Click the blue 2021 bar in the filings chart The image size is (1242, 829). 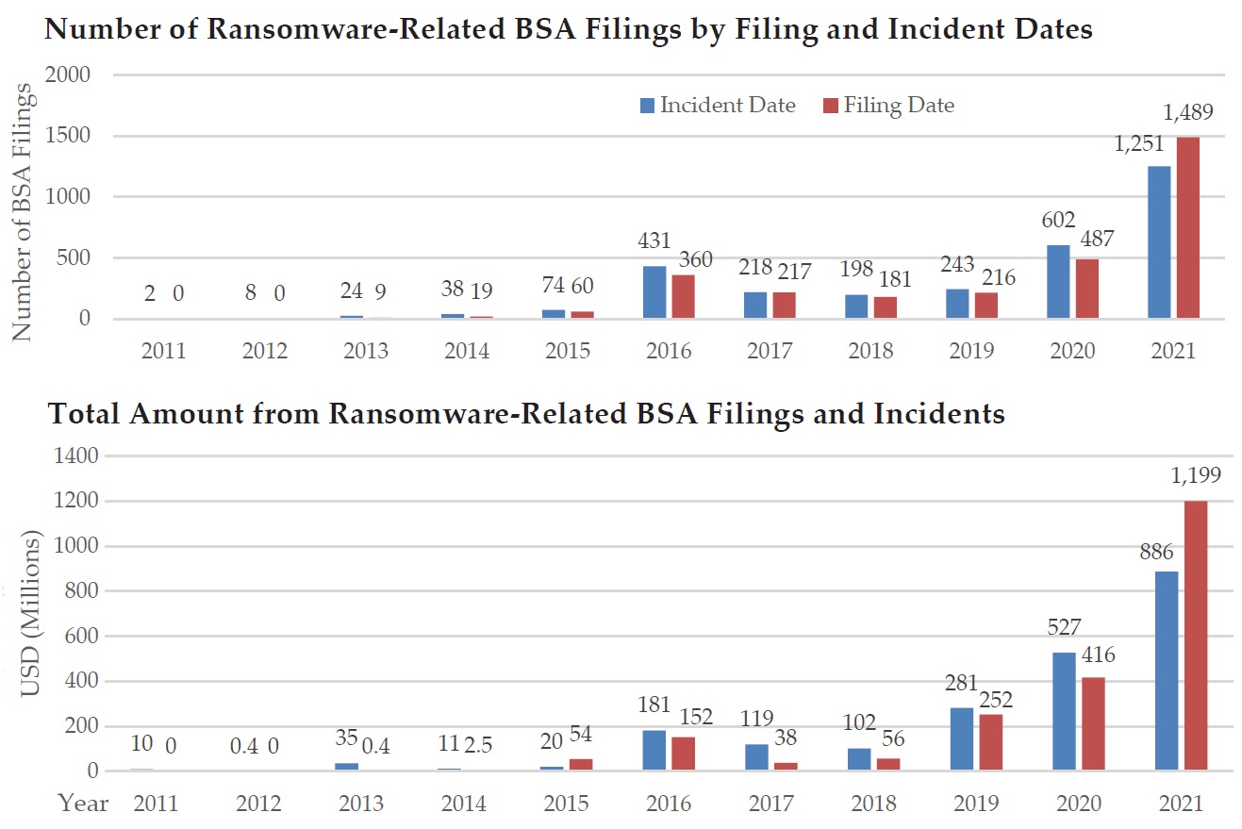[1159, 242]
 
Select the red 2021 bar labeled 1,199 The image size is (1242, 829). [1195, 636]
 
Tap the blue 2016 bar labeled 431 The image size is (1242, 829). [654, 292]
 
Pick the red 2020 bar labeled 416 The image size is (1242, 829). [1093, 723]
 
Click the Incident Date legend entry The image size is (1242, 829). [717, 105]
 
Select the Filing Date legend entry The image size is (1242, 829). [888, 105]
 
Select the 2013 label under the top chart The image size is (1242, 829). [367, 351]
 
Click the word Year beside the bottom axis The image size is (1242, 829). [83, 804]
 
